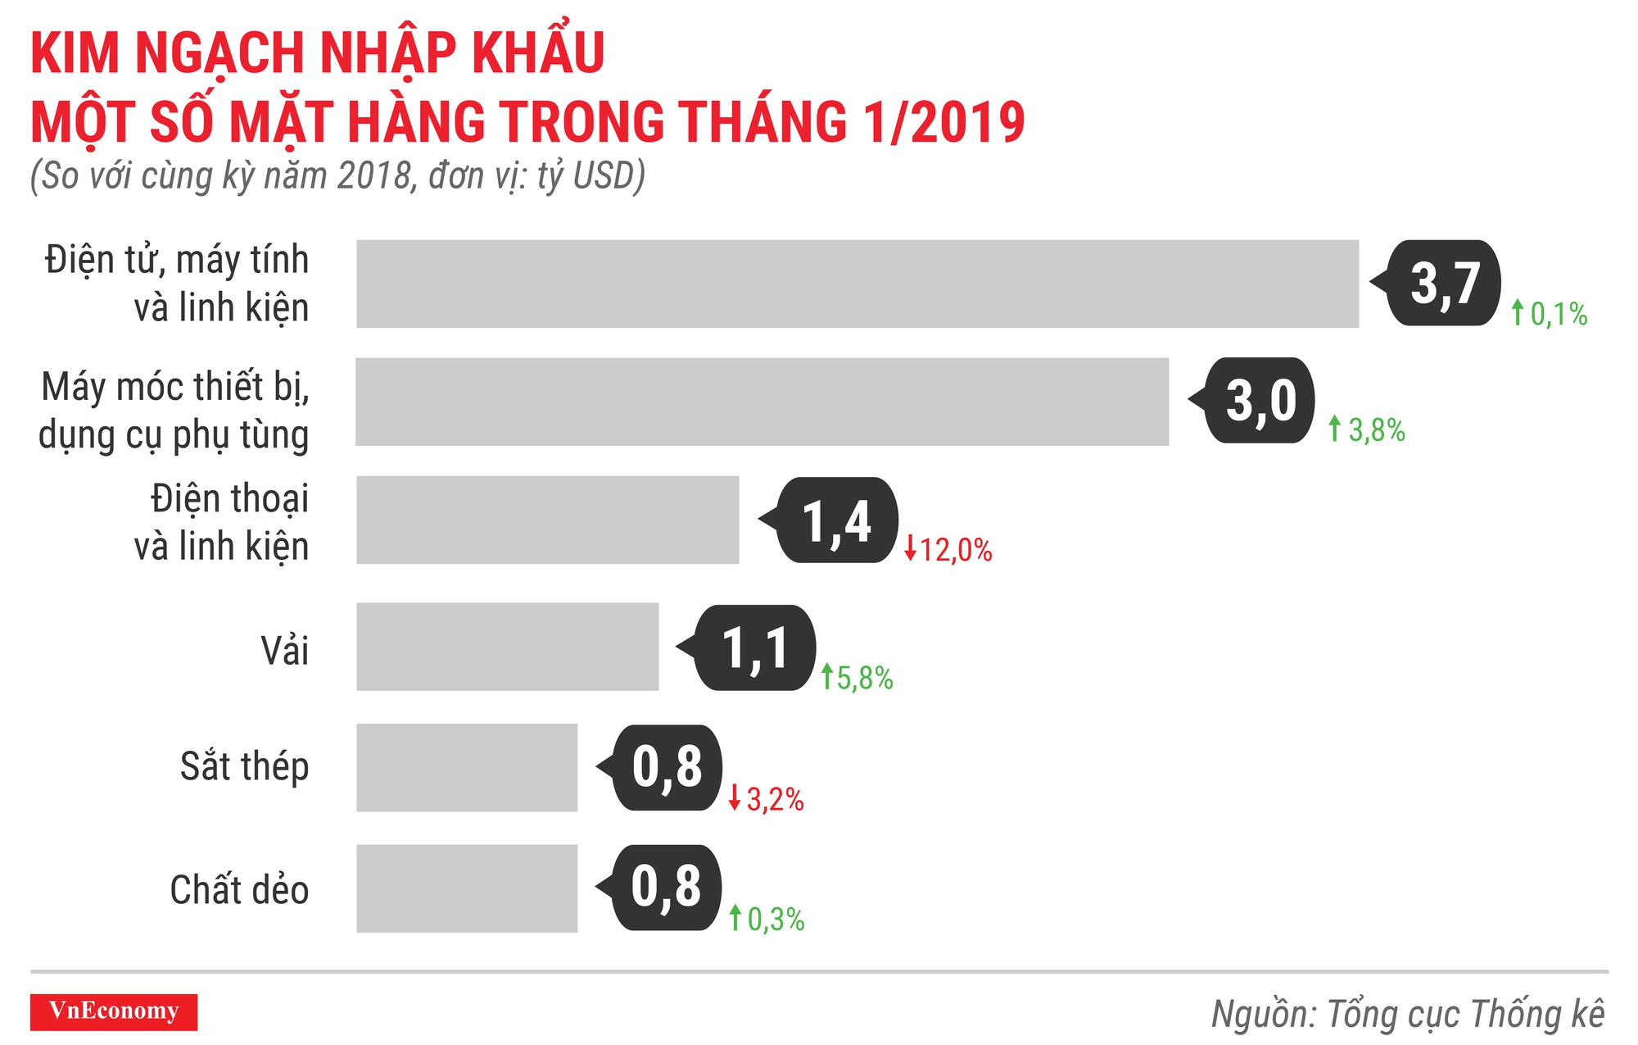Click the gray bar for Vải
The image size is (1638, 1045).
click(507, 647)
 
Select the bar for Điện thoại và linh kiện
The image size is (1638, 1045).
click(547, 520)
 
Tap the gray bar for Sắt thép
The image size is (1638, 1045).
click(467, 767)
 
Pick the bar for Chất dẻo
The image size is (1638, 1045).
click(467, 888)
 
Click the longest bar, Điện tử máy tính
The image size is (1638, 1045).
click(857, 284)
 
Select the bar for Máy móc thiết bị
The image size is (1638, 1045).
click(762, 402)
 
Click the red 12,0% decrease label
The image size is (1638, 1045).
click(949, 549)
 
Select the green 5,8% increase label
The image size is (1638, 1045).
click(857, 678)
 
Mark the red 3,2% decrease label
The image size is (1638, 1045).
click(767, 799)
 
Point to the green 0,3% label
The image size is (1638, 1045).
click(767, 919)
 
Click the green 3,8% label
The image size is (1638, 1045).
click(1367, 429)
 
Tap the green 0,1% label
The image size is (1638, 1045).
click(1550, 313)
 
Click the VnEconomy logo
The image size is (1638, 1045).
click(114, 1011)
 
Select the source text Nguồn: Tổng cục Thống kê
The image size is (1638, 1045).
click(1407, 1014)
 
